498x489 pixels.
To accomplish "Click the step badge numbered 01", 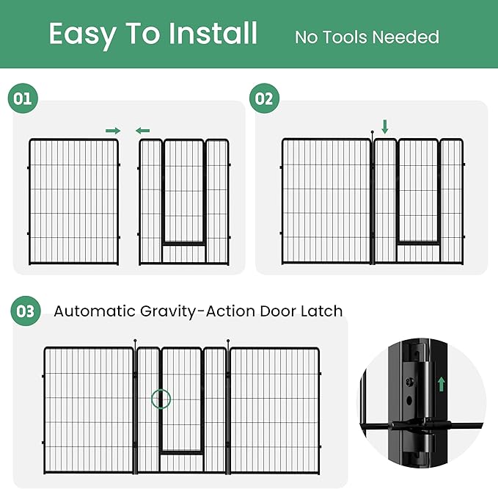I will (23, 98).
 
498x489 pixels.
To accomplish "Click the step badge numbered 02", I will (265, 98).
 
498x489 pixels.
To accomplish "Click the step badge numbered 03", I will (26, 311).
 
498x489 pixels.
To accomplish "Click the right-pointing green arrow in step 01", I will (113, 131).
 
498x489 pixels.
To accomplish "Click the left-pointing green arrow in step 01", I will (142, 131).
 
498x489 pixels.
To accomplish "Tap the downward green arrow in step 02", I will (384, 128).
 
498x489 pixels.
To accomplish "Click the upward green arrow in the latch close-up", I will (442, 383).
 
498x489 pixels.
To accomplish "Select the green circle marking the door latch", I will (161, 399).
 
